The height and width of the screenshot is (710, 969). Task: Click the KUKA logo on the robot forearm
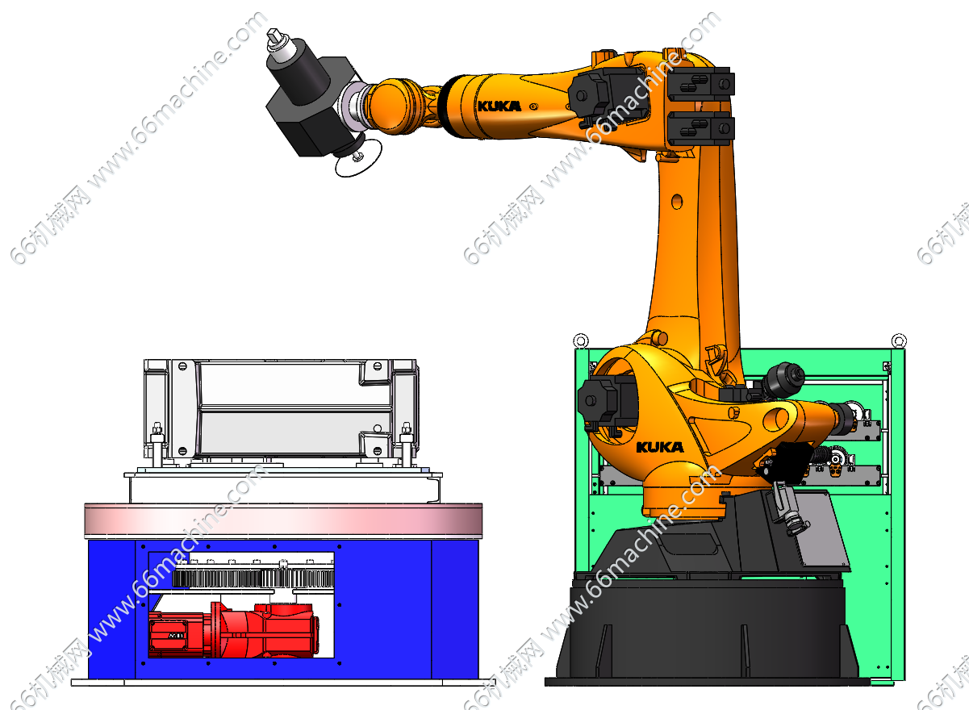[x=499, y=106]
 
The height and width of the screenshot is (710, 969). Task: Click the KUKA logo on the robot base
[x=660, y=447]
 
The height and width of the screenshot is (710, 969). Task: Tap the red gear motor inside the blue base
[x=234, y=629]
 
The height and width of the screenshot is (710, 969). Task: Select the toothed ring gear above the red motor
[x=253, y=578]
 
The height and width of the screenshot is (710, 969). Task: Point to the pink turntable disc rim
[x=283, y=521]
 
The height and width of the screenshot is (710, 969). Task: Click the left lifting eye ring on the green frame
[x=581, y=340]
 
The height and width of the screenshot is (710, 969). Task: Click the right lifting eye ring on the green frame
[x=899, y=340]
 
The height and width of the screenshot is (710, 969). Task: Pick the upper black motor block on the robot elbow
[x=701, y=84]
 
